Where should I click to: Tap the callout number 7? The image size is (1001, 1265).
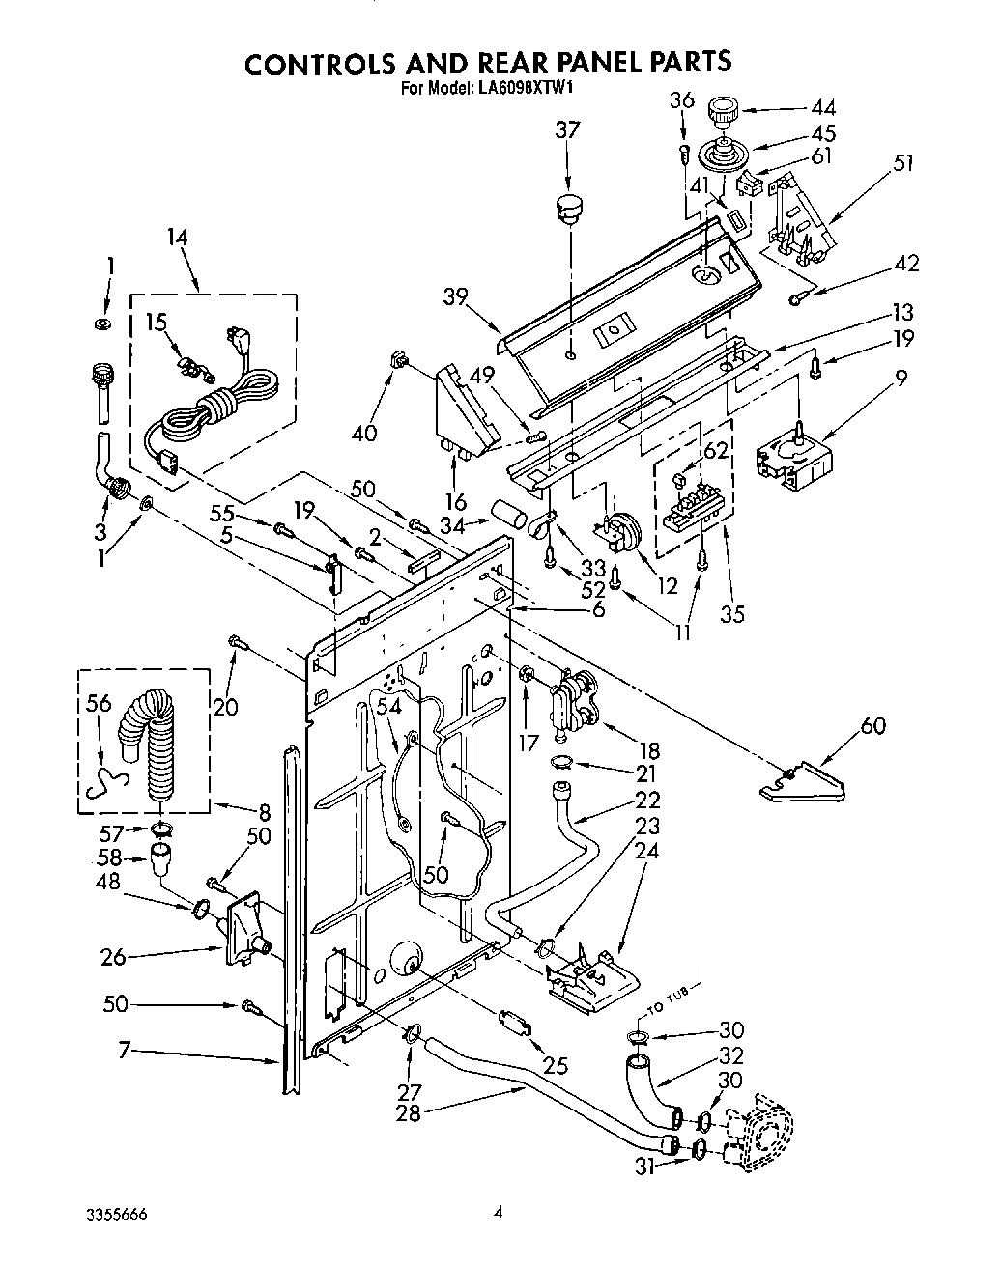pos(124,1050)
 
